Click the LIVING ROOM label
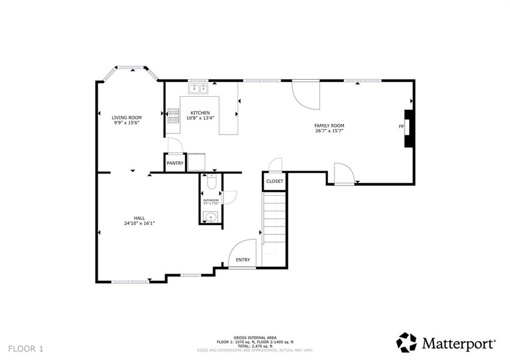pyautogui.click(x=126, y=118)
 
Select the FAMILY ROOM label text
pyautogui.click(x=329, y=125)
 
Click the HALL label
pyautogui.click(x=139, y=218)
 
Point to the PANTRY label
pyautogui.click(x=175, y=163)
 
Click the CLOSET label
pyautogui.click(x=274, y=181)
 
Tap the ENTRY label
pyautogui.click(x=243, y=260)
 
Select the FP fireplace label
pyautogui.click(x=400, y=126)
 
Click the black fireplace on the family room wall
pyautogui.click(x=409, y=128)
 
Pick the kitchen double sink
pyautogui.click(x=198, y=89)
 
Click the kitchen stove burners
pyautogui.click(x=173, y=116)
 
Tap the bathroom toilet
pyautogui.click(x=211, y=182)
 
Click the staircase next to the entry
pyautogui.click(x=274, y=224)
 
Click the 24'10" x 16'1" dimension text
pyautogui.click(x=139, y=224)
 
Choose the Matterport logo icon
pyautogui.click(x=406, y=343)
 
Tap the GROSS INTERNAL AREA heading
pyautogui.click(x=255, y=338)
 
